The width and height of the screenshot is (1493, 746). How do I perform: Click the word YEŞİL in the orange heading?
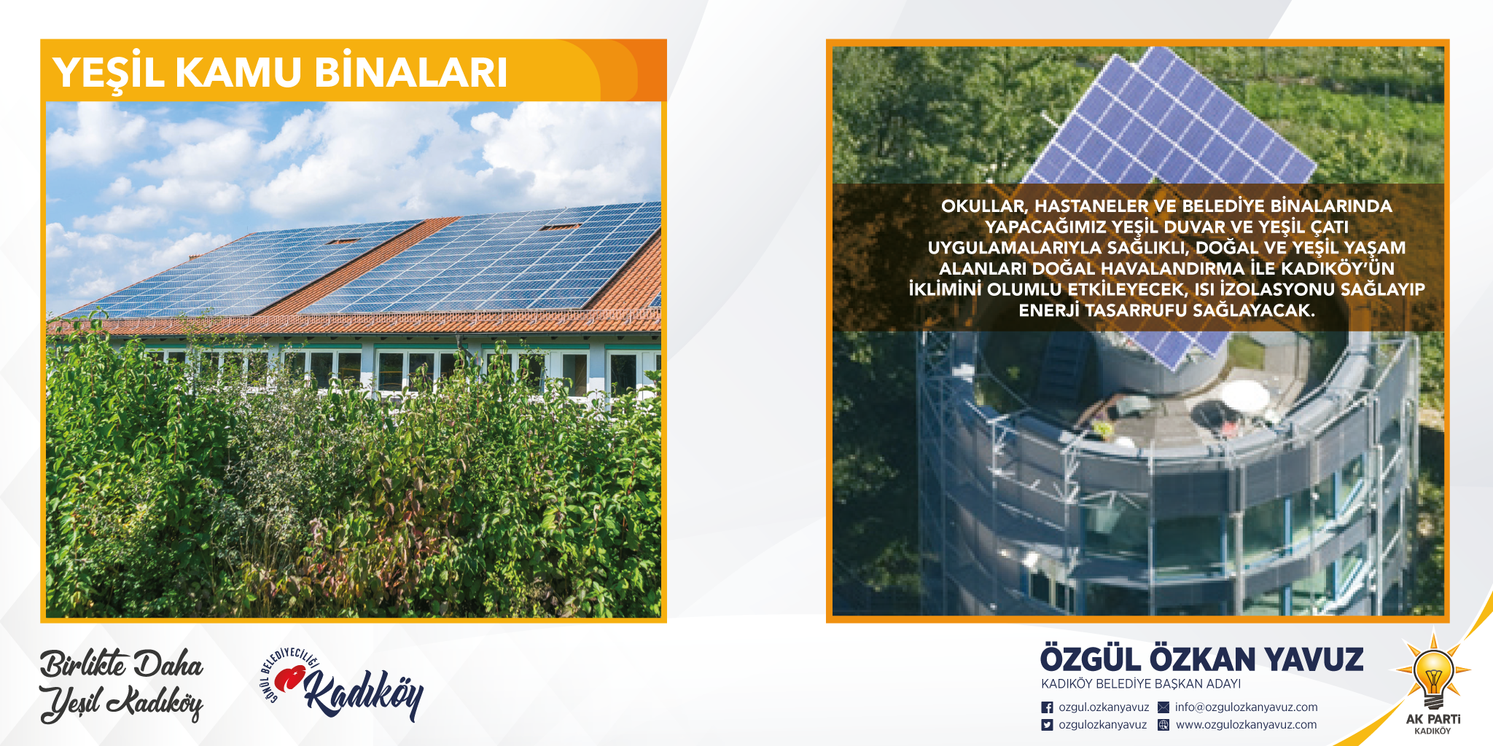(109, 74)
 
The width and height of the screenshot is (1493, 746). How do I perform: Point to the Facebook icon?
(1047, 707)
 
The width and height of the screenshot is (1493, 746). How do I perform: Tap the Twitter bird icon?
(1047, 725)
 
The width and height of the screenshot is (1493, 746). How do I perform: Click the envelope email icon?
(1163, 707)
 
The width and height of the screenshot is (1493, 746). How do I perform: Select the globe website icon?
(1163, 725)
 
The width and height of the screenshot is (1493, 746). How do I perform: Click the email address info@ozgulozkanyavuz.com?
(1247, 707)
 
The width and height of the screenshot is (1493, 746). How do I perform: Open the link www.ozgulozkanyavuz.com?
(1247, 725)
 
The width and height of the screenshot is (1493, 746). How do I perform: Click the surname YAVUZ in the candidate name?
(1314, 660)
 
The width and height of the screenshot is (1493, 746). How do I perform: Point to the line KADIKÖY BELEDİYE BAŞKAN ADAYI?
(1141, 684)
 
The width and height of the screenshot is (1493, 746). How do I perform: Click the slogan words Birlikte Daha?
(122, 664)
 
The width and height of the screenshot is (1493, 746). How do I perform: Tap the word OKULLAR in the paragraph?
(984, 207)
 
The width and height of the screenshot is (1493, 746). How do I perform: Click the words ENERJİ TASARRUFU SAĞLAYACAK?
(1166, 311)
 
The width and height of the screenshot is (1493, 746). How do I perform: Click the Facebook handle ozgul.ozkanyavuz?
(1104, 707)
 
